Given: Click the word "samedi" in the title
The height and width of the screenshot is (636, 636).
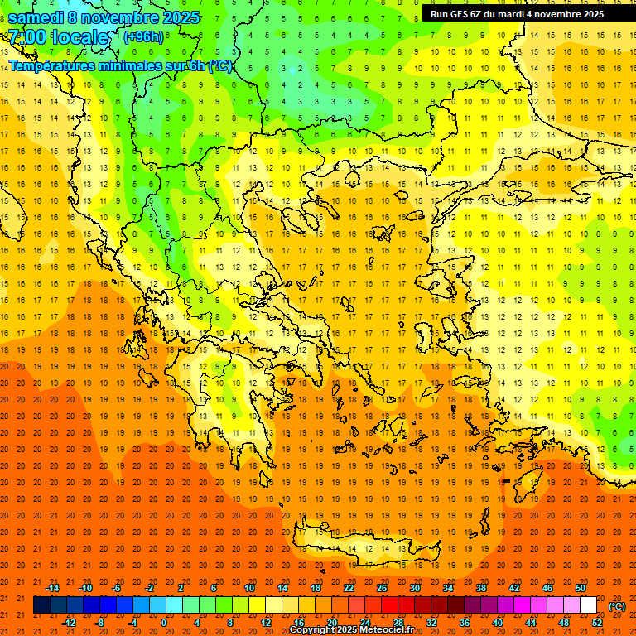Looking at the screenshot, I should click(36, 17).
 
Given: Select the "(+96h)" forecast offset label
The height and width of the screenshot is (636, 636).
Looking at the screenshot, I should click(142, 36).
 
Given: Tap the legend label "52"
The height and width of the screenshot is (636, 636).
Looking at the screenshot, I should click(597, 623).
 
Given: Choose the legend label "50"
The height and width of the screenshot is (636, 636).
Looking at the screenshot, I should click(581, 588).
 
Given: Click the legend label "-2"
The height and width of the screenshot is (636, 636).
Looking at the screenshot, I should click(149, 588).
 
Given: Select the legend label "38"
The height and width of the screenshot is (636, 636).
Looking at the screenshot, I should click(481, 588).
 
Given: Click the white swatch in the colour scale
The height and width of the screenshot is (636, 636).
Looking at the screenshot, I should click(589, 605).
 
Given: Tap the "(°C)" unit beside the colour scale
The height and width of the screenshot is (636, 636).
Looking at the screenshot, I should click(617, 605).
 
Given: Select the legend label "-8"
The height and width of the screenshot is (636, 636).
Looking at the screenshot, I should click(100, 623).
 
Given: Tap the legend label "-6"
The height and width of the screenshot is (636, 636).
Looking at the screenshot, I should click(117, 588).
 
